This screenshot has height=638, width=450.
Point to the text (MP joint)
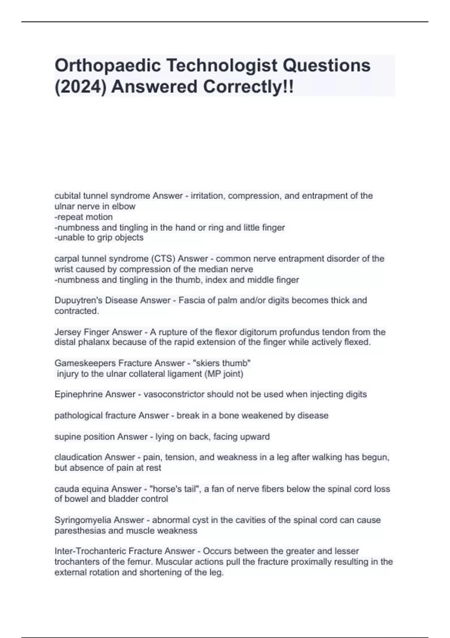coord(224,374)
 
